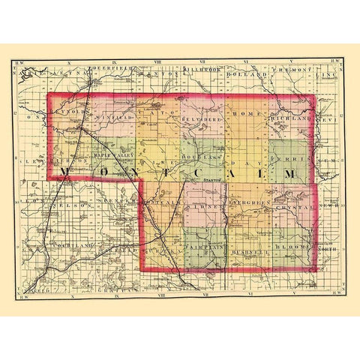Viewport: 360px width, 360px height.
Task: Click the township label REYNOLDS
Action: pos(68,108)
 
